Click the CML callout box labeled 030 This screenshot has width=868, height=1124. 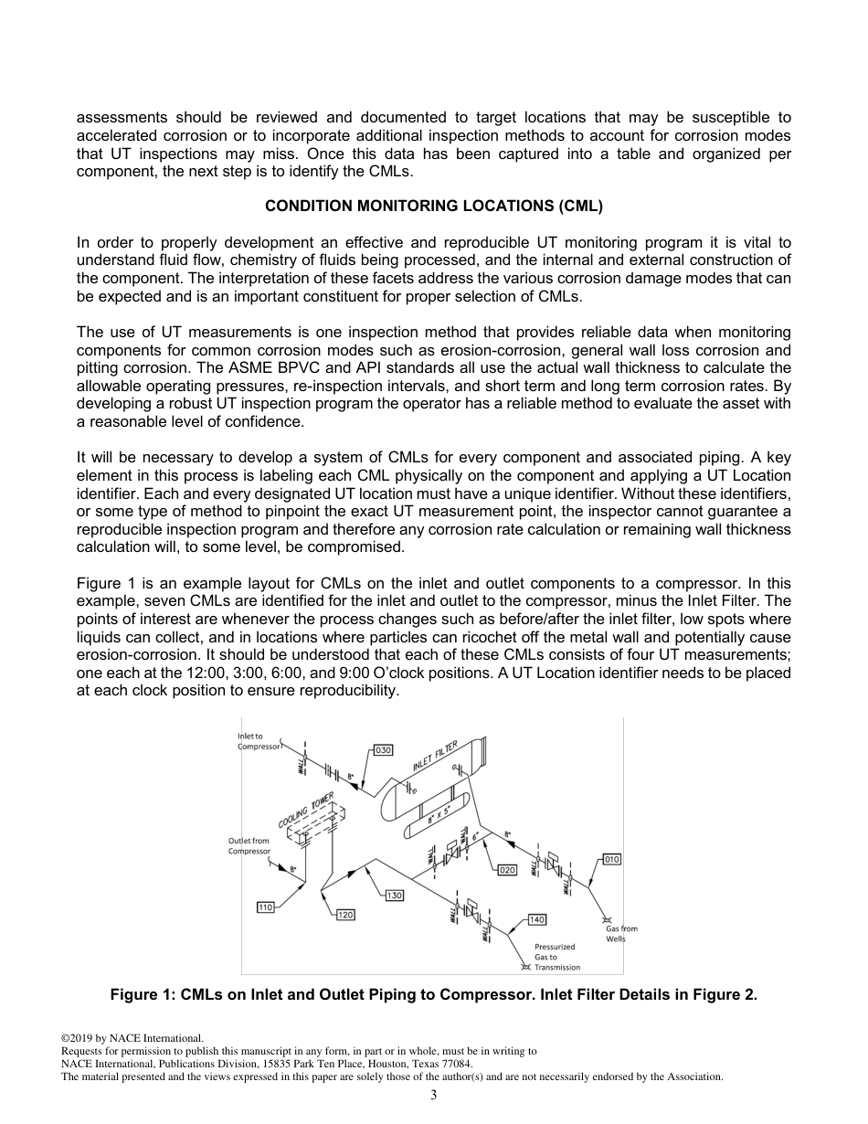(x=384, y=750)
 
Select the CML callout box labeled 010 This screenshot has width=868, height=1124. (x=611, y=859)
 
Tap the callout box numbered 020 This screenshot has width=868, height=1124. (x=507, y=871)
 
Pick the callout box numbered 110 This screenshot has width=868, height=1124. (x=265, y=907)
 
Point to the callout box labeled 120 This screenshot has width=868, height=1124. (x=345, y=915)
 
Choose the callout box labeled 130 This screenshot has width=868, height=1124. (x=394, y=896)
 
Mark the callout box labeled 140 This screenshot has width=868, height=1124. (x=536, y=919)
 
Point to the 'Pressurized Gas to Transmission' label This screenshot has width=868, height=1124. (x=556, y=957)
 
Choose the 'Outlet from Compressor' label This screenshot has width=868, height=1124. (x=249, y=845)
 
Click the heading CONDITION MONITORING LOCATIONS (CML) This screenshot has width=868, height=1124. (x=433, y=207)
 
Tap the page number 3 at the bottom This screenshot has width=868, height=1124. (x=434, y=1095)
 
